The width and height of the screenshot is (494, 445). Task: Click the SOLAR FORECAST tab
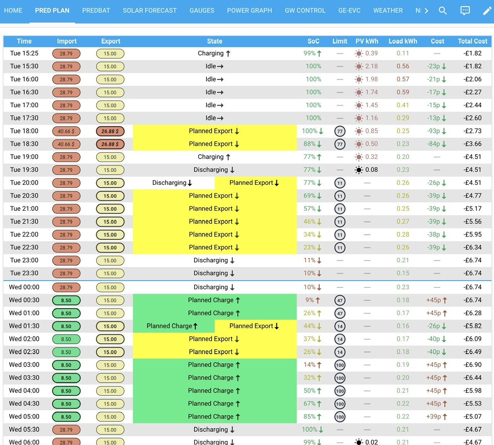[x=150, y=10]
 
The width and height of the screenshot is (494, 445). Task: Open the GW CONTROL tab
[x=305, y=10]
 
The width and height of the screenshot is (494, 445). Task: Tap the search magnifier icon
[x=443, y=10]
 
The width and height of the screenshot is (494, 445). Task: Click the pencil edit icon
[x=487, y=10]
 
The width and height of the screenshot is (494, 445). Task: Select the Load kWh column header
[x=403, y=41]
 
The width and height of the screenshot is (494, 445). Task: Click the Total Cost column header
[x=472, y=41]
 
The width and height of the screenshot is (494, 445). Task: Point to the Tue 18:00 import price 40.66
[x=66, y=131]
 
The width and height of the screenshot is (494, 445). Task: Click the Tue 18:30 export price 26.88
[x=110, y=144]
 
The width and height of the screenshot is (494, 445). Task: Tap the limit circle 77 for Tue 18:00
[x=340, y=131]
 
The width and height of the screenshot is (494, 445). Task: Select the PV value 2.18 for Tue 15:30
[x=372, y=66]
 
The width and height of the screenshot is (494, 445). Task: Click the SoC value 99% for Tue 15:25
[x=310, y=53]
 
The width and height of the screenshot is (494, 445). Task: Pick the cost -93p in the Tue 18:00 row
[x=433, y=131]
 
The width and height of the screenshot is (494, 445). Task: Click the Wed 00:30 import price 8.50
[x=66, y=300]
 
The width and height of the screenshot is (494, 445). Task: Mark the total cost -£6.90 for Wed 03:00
[x=472, y=365]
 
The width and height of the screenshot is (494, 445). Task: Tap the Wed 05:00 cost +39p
[x=434, y=417]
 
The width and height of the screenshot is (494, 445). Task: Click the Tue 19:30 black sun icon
[x=359, y=170]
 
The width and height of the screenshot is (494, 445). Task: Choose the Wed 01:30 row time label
[x=24, y=326]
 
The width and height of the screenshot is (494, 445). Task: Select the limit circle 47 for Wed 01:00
[x=340, y=313]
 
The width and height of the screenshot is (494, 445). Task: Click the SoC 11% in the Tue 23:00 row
[x=310, y=260]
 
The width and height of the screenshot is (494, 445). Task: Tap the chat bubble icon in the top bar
[x=465, y=10]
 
